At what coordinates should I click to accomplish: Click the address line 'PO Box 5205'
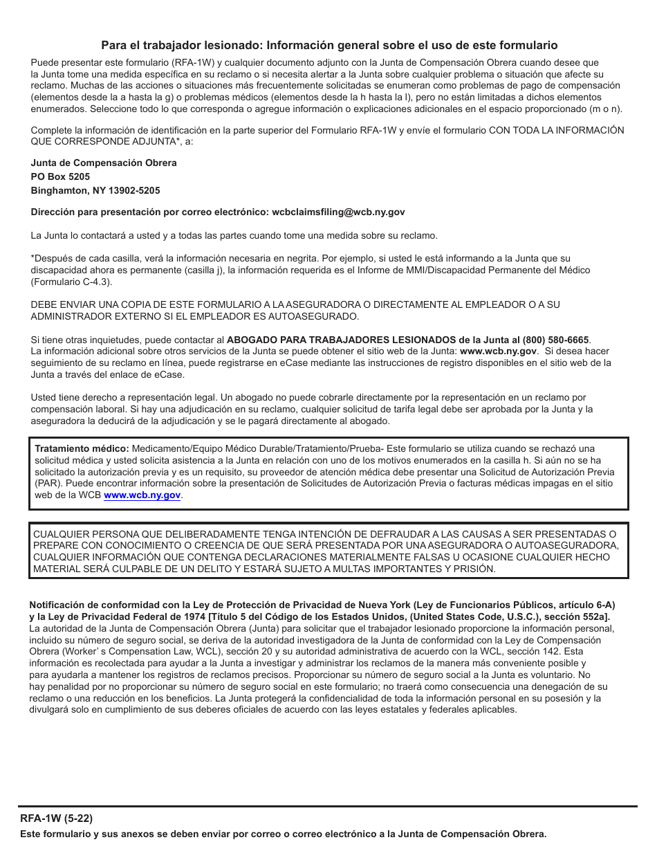coord(60,176)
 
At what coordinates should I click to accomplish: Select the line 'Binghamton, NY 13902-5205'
coord(95,190)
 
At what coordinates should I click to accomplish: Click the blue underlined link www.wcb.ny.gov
coord(142,495)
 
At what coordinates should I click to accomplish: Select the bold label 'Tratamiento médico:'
coord(82,449)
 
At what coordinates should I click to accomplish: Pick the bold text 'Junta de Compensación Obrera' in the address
coord(104,163)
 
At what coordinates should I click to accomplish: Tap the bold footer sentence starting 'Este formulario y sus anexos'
coord(284,834)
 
